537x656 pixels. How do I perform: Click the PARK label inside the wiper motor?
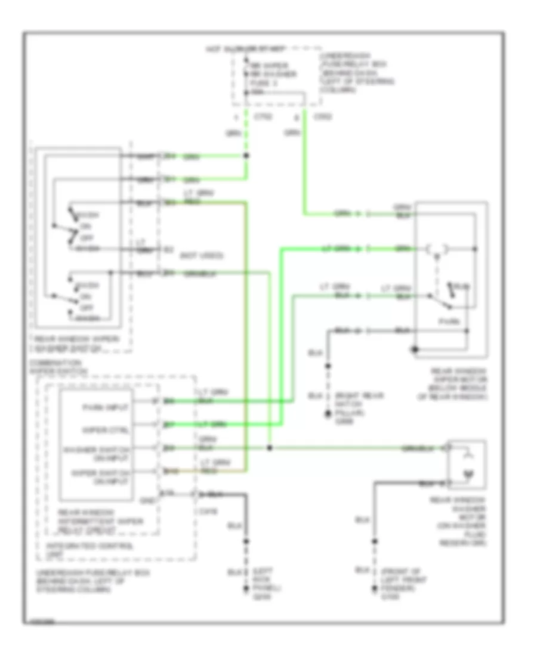click(x=446, y=321)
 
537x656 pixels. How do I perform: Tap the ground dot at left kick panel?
click(x=245, y=589)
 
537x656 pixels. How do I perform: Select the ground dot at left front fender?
click(x=374, y=589)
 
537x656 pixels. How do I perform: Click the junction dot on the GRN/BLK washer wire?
click(x=270, y=447)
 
